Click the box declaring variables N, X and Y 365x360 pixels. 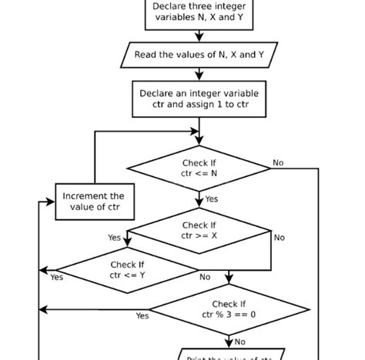pyautogui.click(x=199, y=14)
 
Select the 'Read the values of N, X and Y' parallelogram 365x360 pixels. pyautogui.click(x=199, y=55)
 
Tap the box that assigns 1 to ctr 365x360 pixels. pyautogui.click(x=199, y=99)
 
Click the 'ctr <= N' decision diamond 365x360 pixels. pyautogui.click(x=199, y=169)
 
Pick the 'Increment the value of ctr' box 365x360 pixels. pyautogui.click(x=92, y=202)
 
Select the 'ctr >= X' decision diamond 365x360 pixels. pyautogui.click(x=199, y=231)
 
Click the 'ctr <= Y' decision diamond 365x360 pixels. pyautogui.click(x=127, y=270)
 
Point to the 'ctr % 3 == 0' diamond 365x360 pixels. pyautogui.click(x=229, y=310)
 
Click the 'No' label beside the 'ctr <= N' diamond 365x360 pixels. pyautogui.click(x=278, y=163)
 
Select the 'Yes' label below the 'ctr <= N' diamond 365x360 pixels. pyautogui.click(x=211, y=199)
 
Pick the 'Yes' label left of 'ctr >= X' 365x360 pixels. pyautogui.click(x=115, y=238)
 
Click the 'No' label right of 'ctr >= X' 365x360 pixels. pyautogui.click(x=279, y=238)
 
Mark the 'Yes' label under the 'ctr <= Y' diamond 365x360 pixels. pyautogui.click(x=57, y=278)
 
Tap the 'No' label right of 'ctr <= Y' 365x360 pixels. pyautogui.click(x=205, y=278)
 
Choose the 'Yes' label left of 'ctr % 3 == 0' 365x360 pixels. pyautogui.click(x=142, y=316)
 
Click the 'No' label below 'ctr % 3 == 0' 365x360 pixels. pyautogui.click(x=240, y=342)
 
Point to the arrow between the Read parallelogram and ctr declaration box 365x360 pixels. pyautogui.click(x=199, y=73)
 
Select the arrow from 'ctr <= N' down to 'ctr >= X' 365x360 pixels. pyautogui.click(x=199, y=200)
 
